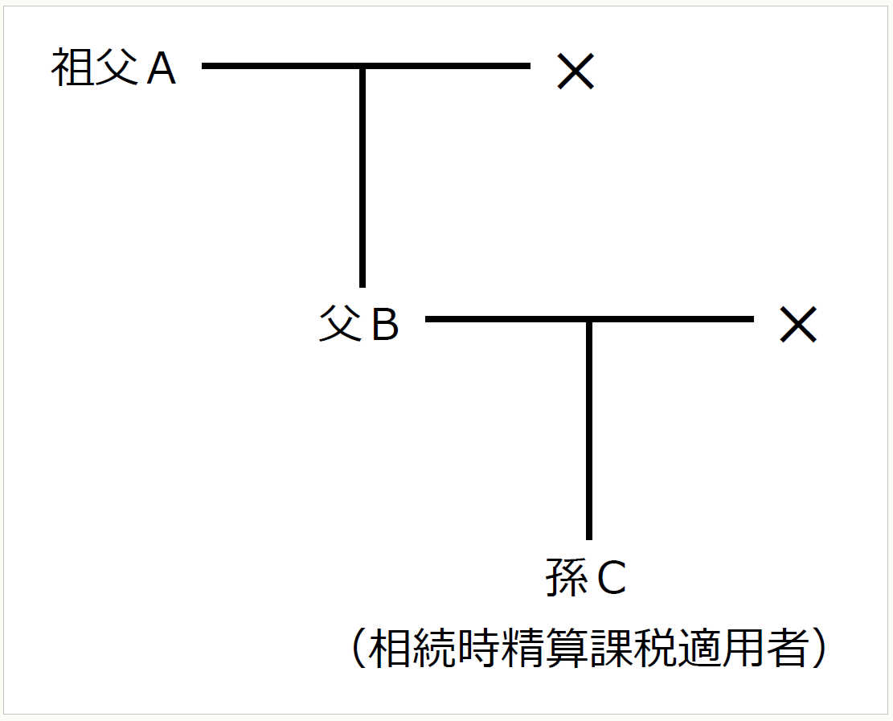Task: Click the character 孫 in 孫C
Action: pyautogui.click(x=567, y=578)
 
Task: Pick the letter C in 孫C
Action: pyautogui.click(x=611, y=580)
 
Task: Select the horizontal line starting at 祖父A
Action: pyautogui.click(x=281, y=66)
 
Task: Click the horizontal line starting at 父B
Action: pyautogui.click(x=506, y=319)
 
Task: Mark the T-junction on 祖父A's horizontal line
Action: pyautogui.click(x=363, y=67)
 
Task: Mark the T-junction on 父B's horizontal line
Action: pyautogui.click(x=589, y=320)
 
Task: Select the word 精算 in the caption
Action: pyautogui.click(x=524, y=648)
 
